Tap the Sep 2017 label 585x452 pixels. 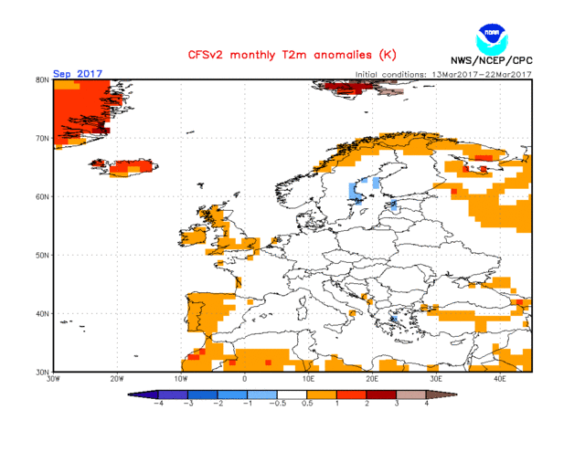click(x=77, y=74)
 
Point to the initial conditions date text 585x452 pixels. click(x=442, y=74)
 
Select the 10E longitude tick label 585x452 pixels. click(x=309, y=378)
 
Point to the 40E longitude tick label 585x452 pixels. click(x=500, y=378)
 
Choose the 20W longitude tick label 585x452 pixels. click(x=117, y=378)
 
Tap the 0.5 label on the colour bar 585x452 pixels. click(x=307, y=403)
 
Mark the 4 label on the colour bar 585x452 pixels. click(x=426, y=403)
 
